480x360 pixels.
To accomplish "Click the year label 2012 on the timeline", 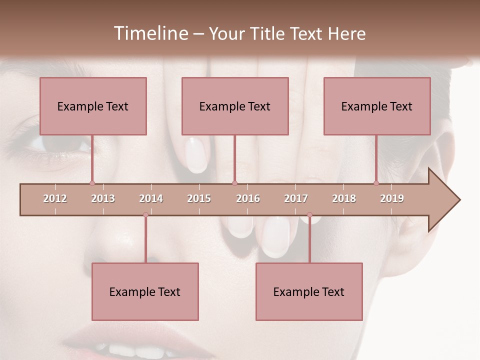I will (55, 198).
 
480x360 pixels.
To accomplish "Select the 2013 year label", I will (103, 198).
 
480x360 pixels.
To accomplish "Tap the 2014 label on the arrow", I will (151, 198).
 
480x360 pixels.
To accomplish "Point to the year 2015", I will (199, 198).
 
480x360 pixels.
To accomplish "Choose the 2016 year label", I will (248, 198).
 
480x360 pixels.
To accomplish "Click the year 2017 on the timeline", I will (296, 198).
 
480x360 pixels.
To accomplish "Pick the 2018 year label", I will (344, 198).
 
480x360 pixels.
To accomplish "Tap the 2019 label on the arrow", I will (392, 198).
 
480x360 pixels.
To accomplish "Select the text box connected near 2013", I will (93, 106).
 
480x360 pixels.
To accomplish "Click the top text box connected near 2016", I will (235, 106).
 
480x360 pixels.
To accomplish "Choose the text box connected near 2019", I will (377, 106).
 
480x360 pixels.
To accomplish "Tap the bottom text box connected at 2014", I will (145, 291).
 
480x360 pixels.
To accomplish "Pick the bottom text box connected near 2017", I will (309, 291).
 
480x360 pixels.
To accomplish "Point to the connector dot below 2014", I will (145, 215).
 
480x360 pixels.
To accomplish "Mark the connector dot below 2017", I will (309, 215).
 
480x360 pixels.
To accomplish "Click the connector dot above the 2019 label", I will (376, 183).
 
